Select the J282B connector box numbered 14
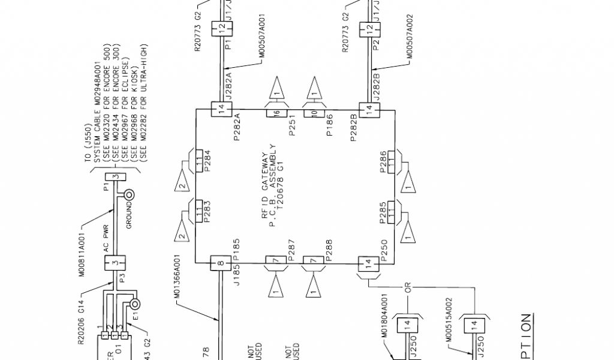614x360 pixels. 369,110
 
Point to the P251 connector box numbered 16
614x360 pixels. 277,112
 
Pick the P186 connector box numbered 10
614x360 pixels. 314,112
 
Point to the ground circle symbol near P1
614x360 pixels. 128,194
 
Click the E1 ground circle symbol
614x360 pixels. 134,305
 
